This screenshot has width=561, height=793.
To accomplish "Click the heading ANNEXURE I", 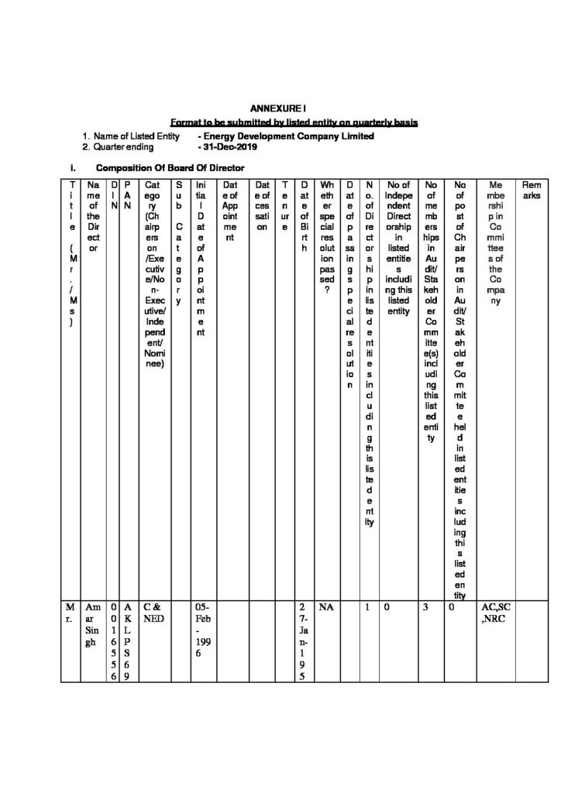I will [281, 112].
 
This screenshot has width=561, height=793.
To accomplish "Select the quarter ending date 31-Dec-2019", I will [230, 146].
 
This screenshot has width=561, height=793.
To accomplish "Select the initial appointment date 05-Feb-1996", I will [202, 631].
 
